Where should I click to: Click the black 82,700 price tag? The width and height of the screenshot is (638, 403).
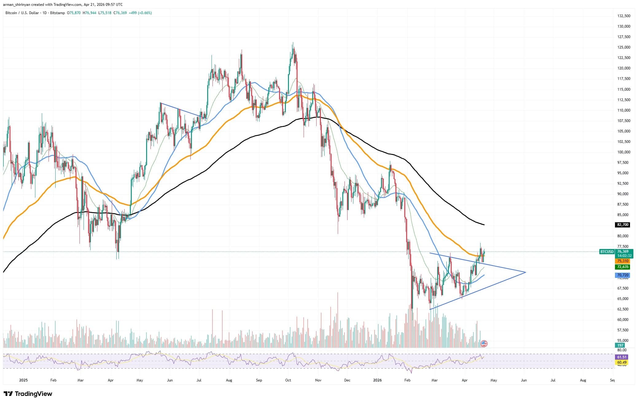(623, 225)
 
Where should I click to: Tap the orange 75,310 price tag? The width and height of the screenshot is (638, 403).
(623, 261)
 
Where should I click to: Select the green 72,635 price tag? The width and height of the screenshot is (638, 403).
(623, 267)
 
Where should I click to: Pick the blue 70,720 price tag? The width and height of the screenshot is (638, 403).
(623, 275)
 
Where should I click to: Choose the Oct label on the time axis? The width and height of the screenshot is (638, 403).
(288, 380)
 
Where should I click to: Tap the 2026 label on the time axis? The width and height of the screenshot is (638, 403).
(377, 380)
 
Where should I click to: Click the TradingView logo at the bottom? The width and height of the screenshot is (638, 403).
(28, 394)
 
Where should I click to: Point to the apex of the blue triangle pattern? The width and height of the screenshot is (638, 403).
(526, 272)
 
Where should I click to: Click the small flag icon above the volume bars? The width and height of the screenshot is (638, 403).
(484, 344)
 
